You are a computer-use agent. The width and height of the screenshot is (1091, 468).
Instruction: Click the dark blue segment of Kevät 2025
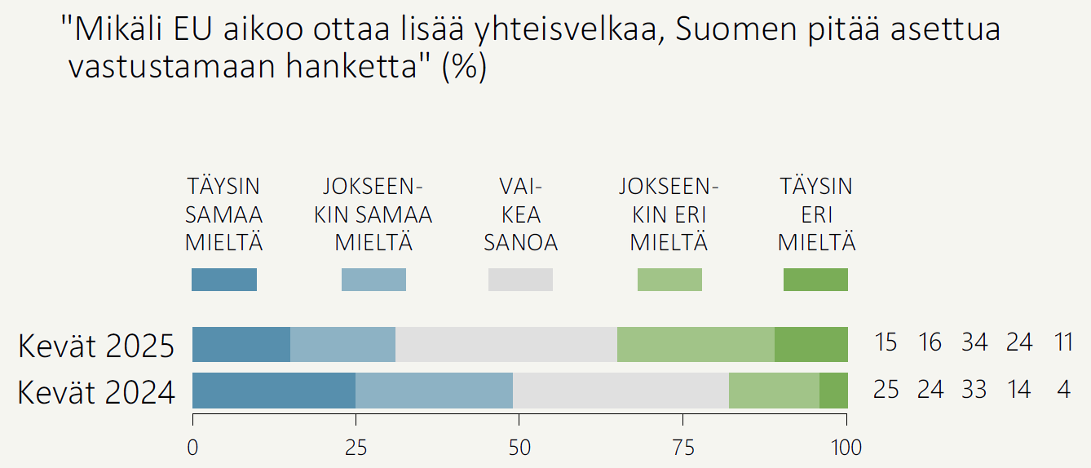click(241, 344)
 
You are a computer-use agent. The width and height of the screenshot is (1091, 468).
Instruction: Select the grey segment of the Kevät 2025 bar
click(506, 344)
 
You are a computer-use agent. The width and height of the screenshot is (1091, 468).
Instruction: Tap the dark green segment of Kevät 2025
click(811, 344)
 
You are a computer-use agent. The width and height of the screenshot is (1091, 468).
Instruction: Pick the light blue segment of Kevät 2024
click(434, 391)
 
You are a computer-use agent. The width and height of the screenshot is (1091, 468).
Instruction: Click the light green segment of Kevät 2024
click(774, 391)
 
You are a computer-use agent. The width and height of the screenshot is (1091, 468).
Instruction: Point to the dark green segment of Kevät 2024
click(833, 391)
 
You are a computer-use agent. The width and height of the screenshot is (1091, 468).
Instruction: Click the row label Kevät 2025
click(96, 346)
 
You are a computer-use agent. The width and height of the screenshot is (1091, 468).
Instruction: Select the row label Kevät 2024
click(96, 392)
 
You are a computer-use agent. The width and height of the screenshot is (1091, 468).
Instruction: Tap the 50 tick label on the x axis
click(519, 448)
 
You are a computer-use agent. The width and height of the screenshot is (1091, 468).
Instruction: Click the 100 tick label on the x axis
click(846, 448)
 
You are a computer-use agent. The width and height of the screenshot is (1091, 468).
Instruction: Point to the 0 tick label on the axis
click(192, 448)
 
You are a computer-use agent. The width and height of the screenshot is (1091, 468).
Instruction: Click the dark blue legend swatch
click(224, 280)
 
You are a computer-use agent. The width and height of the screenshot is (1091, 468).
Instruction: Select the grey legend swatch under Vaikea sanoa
click(520, 280)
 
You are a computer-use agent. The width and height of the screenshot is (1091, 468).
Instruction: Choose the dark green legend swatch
click(815, 280)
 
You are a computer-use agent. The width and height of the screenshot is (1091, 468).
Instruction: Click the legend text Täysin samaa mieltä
click(224, 215)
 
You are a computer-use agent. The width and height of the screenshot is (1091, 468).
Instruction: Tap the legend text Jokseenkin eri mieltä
click(669, 215)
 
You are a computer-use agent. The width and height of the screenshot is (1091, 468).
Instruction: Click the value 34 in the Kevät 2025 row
click(974, 342)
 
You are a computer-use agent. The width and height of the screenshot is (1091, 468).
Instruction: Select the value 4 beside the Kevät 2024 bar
click(1063, 390)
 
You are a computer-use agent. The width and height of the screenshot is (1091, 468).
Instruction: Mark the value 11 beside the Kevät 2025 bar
click(1063, 342)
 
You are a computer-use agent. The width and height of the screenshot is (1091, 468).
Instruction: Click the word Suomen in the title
click(736, 31)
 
